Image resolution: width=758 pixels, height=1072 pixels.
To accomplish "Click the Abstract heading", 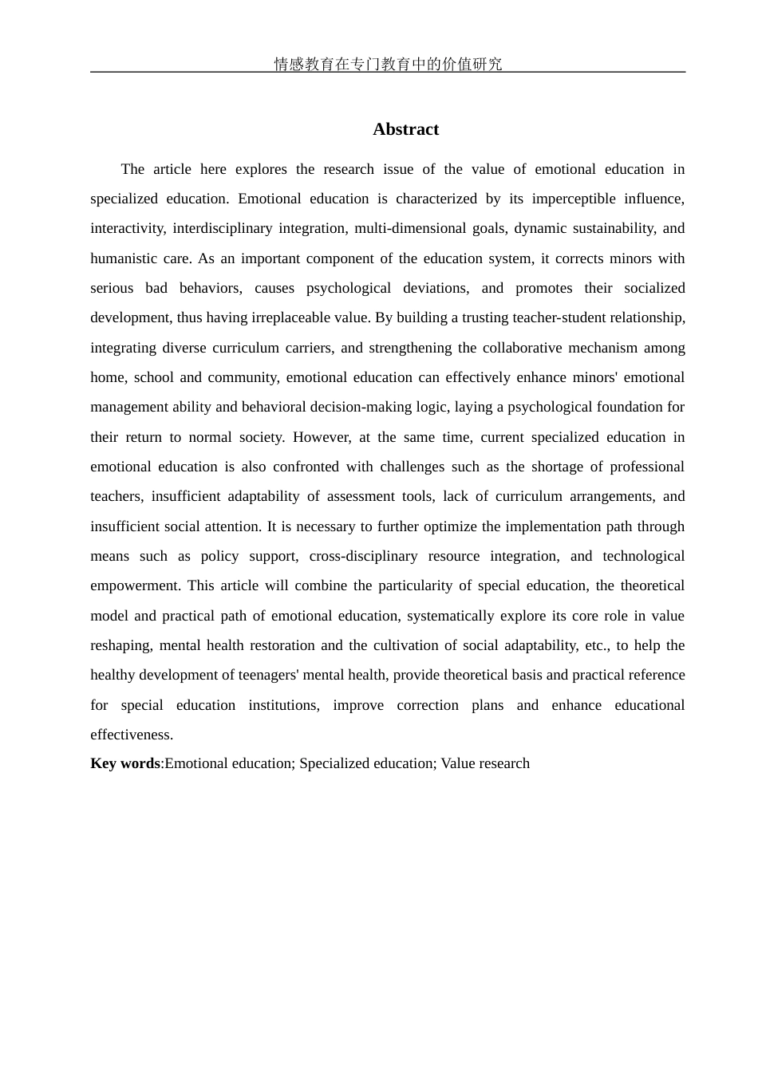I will click(405, 129).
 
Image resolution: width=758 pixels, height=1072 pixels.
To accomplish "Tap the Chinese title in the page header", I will click(388, 64).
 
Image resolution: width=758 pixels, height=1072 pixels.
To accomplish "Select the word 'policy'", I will click(219, 556).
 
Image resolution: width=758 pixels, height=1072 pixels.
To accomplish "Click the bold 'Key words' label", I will click(125, 763).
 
